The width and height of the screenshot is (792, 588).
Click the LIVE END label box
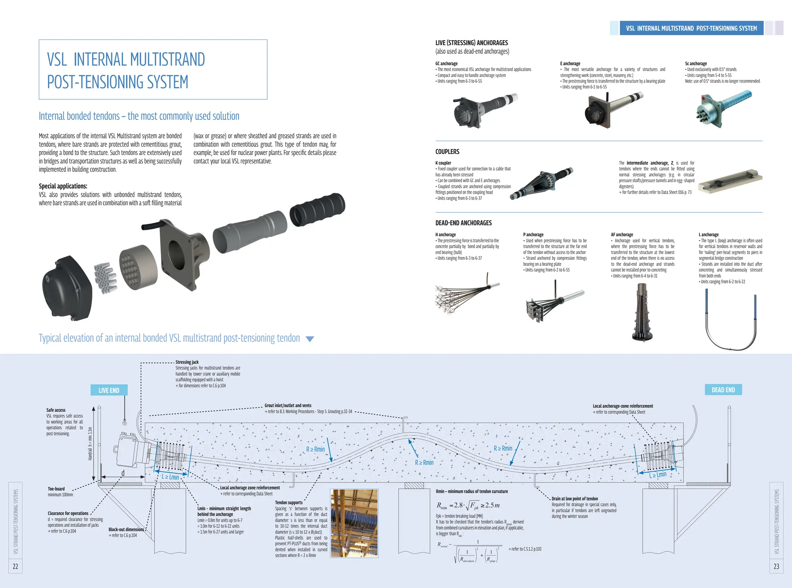(x=109, y=390)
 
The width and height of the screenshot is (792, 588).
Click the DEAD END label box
(x=723, y=390)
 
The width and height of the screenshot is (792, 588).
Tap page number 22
(x=15, y=566)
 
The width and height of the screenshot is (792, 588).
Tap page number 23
(x=776, y=566)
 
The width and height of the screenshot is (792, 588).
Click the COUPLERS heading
(x=447, y=152)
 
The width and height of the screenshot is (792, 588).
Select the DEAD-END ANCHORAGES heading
(x=463, y=223)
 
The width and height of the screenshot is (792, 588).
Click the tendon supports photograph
(x=354, y=523)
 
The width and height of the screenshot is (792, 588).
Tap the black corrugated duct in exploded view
(x=317, y=209)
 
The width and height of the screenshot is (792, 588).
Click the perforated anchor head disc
(x=138, y=267)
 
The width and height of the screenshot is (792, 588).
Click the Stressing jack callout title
(x=187, y=362)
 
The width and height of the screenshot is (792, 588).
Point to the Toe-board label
(x=56, y=489)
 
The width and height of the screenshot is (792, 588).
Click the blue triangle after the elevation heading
(x=310, y=339)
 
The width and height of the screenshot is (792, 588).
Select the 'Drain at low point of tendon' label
(x=574, y=499)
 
